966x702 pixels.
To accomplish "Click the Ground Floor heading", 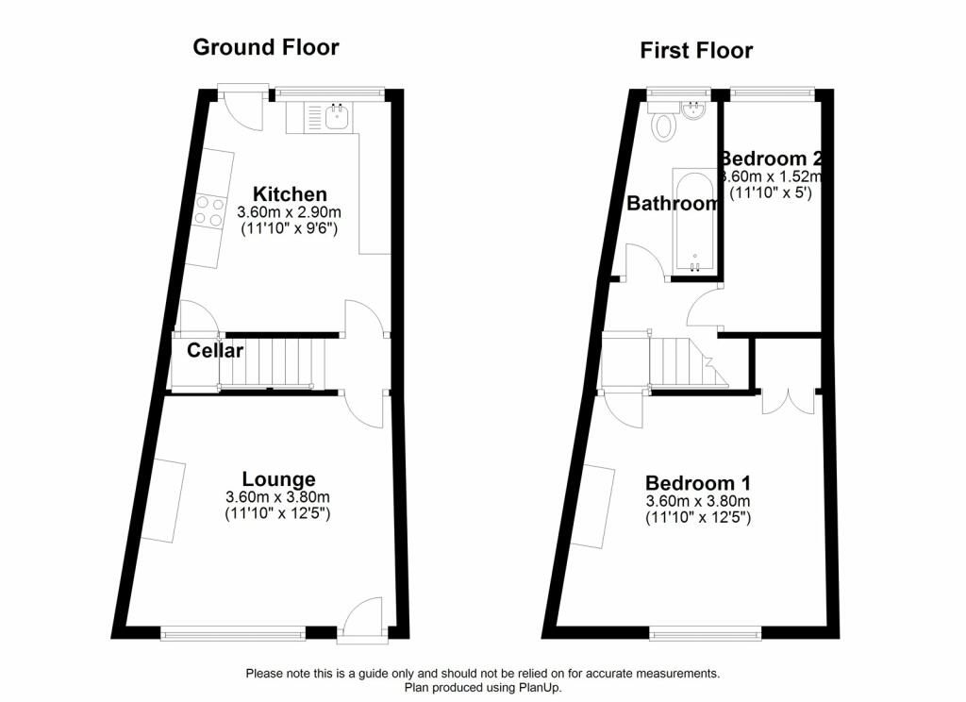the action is click(265, 47).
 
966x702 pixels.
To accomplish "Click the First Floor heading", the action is click(696, 51).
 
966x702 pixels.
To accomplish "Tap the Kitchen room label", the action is click(290, 194).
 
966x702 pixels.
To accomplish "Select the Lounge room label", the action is click(278, 479).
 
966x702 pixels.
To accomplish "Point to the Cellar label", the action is click(215, 351).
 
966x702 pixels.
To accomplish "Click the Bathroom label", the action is click(672, 204).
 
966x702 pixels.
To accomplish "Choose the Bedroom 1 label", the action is click(698, 482).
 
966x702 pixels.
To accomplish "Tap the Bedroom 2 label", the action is click(772, 159).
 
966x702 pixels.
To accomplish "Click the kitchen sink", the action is click(339, 116).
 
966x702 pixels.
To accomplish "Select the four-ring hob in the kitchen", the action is click(208, 211).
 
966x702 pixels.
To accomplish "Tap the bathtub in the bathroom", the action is click(694, 220).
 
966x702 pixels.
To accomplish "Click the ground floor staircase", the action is click(272, 363).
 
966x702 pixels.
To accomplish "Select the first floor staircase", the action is click(689, 362).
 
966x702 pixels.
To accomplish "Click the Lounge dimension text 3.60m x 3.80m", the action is click(278, 496).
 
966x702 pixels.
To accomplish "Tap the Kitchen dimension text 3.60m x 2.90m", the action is click(289, 212).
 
